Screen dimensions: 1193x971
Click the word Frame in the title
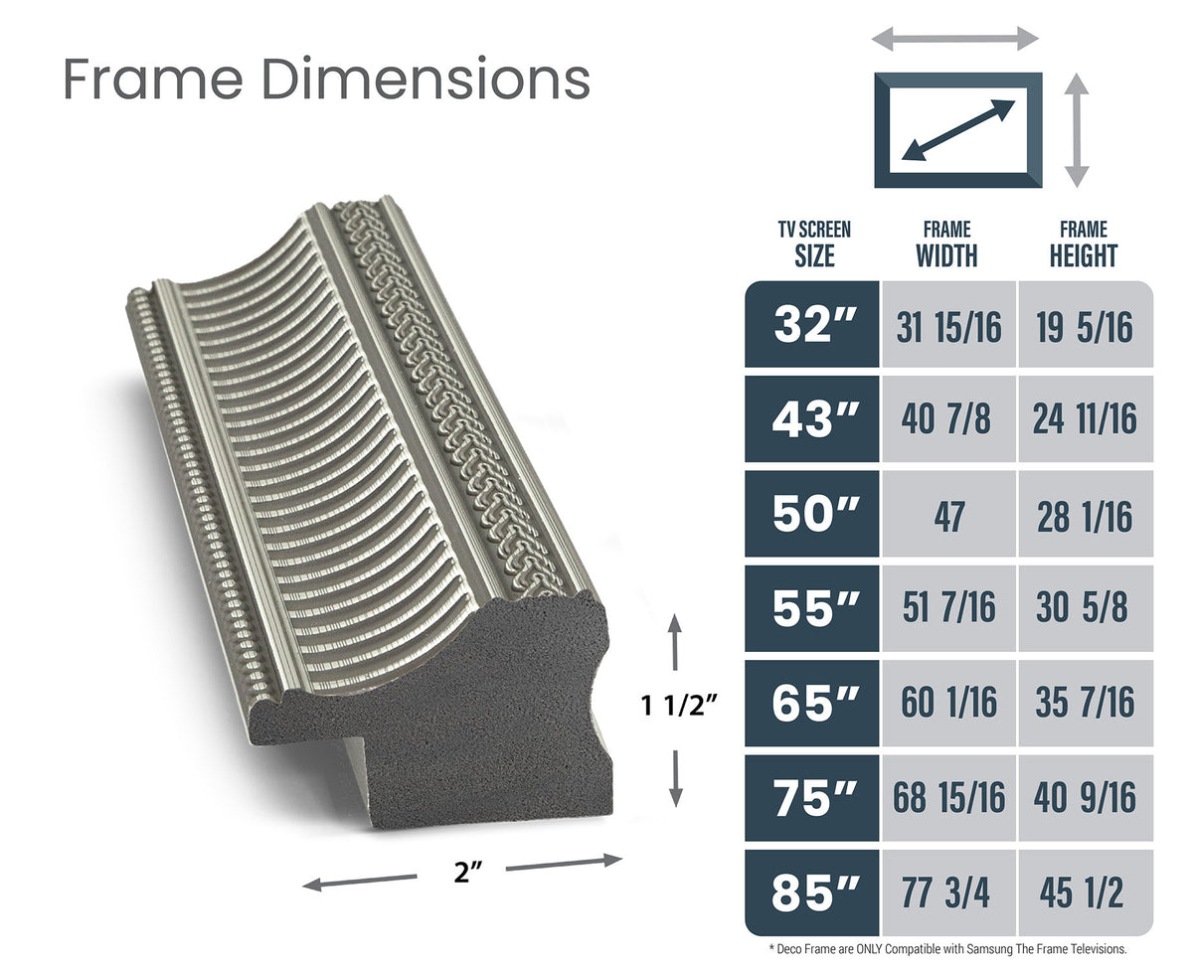[x=153, y=79]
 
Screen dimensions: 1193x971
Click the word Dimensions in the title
[x=426, y=79]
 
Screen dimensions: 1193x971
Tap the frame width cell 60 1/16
[x=948, y=703]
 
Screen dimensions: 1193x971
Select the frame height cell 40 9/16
[x=1085, y=797]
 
